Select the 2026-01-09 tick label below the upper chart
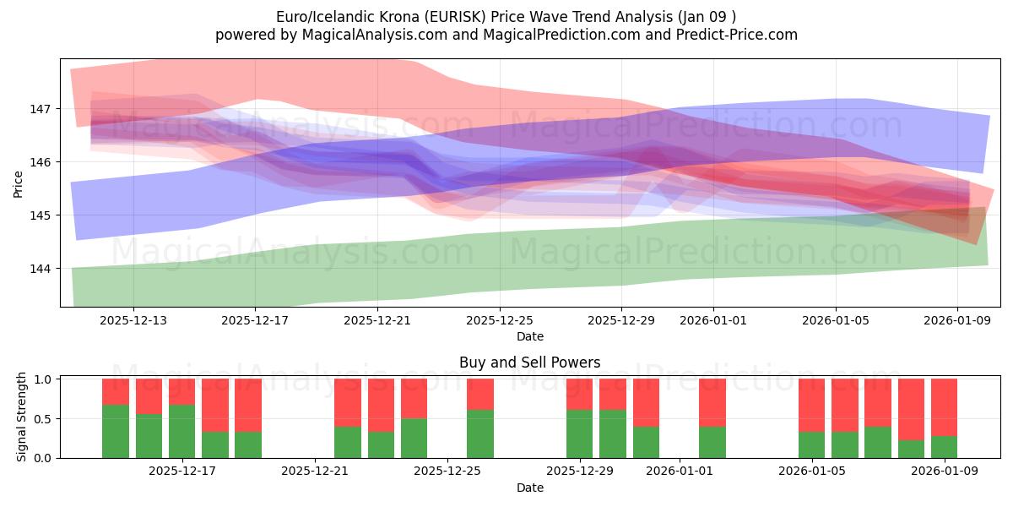click(957, 321)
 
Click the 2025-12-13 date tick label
click(133, 321)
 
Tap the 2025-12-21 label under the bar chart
click(315, 472)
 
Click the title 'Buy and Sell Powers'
click(529, 363)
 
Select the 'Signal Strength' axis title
click(22, 418)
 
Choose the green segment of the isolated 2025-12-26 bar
click(480, 433)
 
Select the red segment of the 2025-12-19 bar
click(248, 405)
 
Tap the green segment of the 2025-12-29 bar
click(580, 433)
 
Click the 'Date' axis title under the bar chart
click(529, 488)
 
